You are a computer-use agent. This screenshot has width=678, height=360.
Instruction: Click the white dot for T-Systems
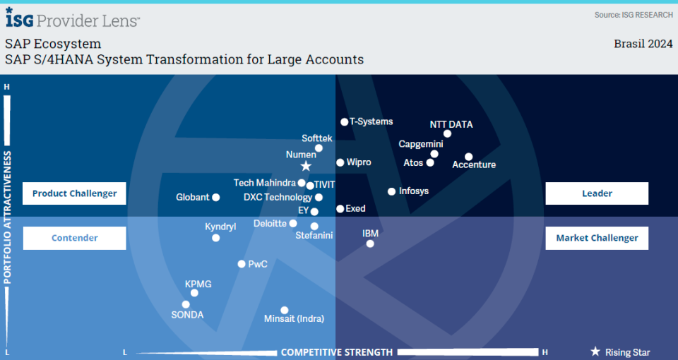click(344, 122)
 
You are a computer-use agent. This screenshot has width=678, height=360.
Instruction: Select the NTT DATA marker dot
click(447, 134)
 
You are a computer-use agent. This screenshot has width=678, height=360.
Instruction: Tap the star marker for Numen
click(306, 166)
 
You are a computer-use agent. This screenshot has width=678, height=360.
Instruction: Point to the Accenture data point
click(469, 157)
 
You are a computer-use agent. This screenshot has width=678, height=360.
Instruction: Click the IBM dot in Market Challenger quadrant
click(370, 244)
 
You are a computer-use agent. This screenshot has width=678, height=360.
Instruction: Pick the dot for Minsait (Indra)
click(285, 311)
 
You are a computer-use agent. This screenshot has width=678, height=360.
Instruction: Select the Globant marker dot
click(216, 198)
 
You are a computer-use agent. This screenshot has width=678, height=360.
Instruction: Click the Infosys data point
click(392, 191)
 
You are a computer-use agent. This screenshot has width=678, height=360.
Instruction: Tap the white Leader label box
click(597, 193)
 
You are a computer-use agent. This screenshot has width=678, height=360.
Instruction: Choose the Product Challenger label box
click(74, 193)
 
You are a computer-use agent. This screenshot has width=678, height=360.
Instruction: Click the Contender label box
click(74, 238)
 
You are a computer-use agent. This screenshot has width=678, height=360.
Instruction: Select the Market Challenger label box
click(597, 238)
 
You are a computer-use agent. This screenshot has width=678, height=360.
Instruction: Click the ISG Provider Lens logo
click(73, 18)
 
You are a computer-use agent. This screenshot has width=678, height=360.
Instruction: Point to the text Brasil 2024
click(643, 44)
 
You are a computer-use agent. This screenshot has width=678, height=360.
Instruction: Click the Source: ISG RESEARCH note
click(634, 15)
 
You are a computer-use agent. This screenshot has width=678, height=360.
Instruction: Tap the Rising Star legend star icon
click(595, 352)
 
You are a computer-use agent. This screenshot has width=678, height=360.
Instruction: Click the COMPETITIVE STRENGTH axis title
click(337, 352)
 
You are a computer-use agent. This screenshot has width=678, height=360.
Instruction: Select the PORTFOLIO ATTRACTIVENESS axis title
click(7, 217)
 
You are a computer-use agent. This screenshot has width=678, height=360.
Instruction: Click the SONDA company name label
click(187, 315)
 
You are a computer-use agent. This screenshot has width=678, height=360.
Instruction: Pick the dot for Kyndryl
click(216, 238)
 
